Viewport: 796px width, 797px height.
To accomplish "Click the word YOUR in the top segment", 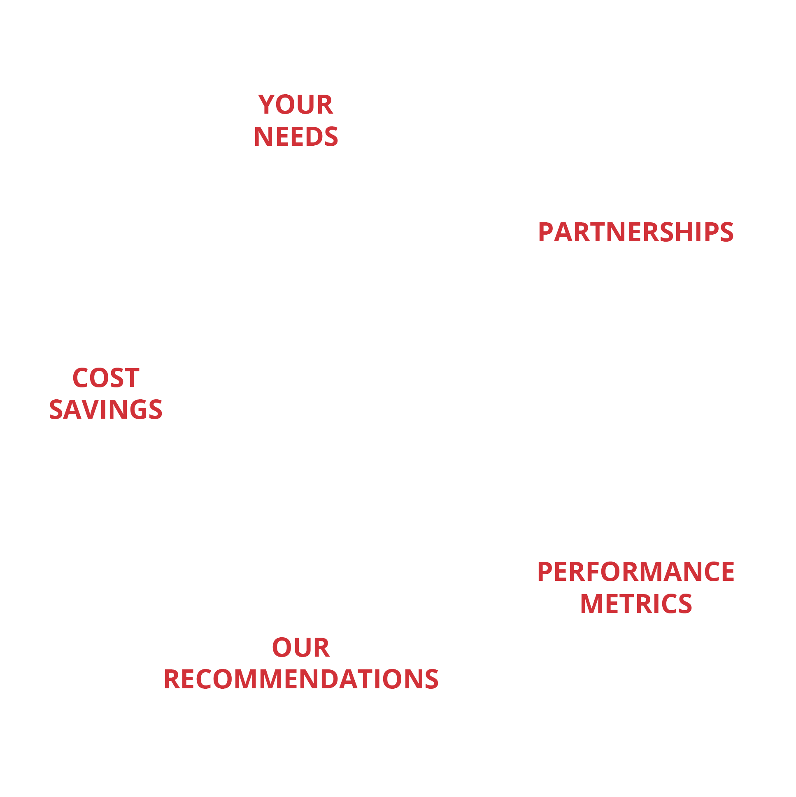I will coord(295,105).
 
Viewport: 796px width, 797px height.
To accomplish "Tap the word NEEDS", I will coord(296,137).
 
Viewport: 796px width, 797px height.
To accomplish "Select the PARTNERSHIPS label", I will coord(635,232).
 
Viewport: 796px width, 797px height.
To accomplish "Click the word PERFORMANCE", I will coord(635,572).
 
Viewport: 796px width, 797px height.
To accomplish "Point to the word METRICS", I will coord(635,604).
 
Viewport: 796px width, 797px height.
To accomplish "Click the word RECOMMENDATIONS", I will coord(301,679).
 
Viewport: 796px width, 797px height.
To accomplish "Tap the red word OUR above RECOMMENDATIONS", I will coord(301,648).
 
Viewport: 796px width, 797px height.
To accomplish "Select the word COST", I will coord(106,378).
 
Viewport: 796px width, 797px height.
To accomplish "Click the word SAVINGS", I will coord(106,410).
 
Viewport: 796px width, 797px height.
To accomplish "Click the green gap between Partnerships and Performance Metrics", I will coord(693,398).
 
